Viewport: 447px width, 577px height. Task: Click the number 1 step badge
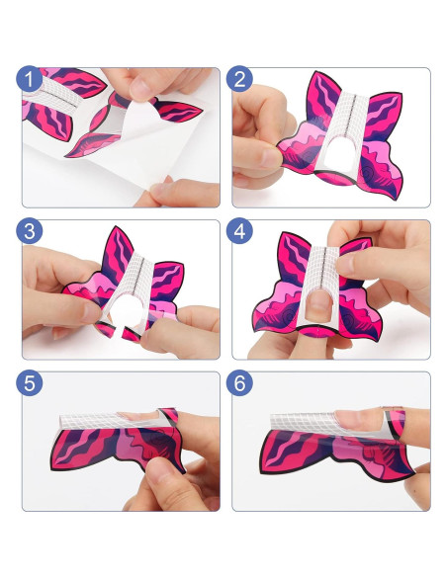(x=30, y=80)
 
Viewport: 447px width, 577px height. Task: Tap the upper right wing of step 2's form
(x=381, y=114)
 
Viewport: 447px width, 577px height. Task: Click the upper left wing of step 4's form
(x=292, y=262)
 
